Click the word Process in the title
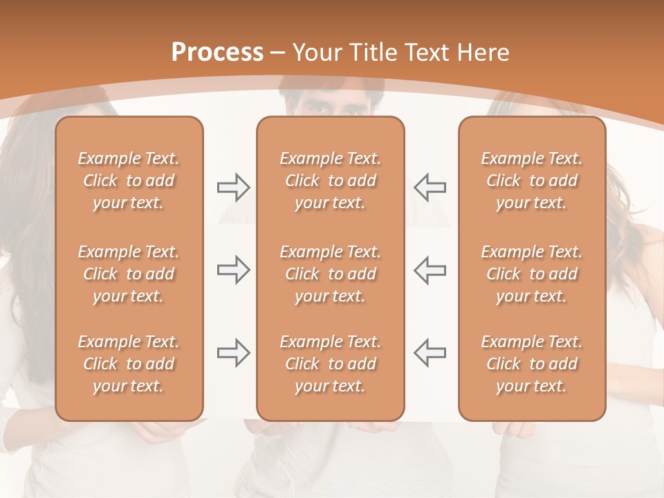[217, 53]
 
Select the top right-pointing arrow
[233, 187]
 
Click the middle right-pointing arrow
[233, 270]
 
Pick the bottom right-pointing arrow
[233, 353]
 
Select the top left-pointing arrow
[430, 187]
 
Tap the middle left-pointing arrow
[430, 270]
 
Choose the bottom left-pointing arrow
[430, 353]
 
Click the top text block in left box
[129, 181]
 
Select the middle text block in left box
[129, 274]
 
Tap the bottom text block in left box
[129, 364]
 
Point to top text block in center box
[330, 181]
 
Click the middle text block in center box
[330, 274]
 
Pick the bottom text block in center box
[330, 364]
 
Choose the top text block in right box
[532, 181]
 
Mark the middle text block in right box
[532, 274]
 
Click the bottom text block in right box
[532, 364]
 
